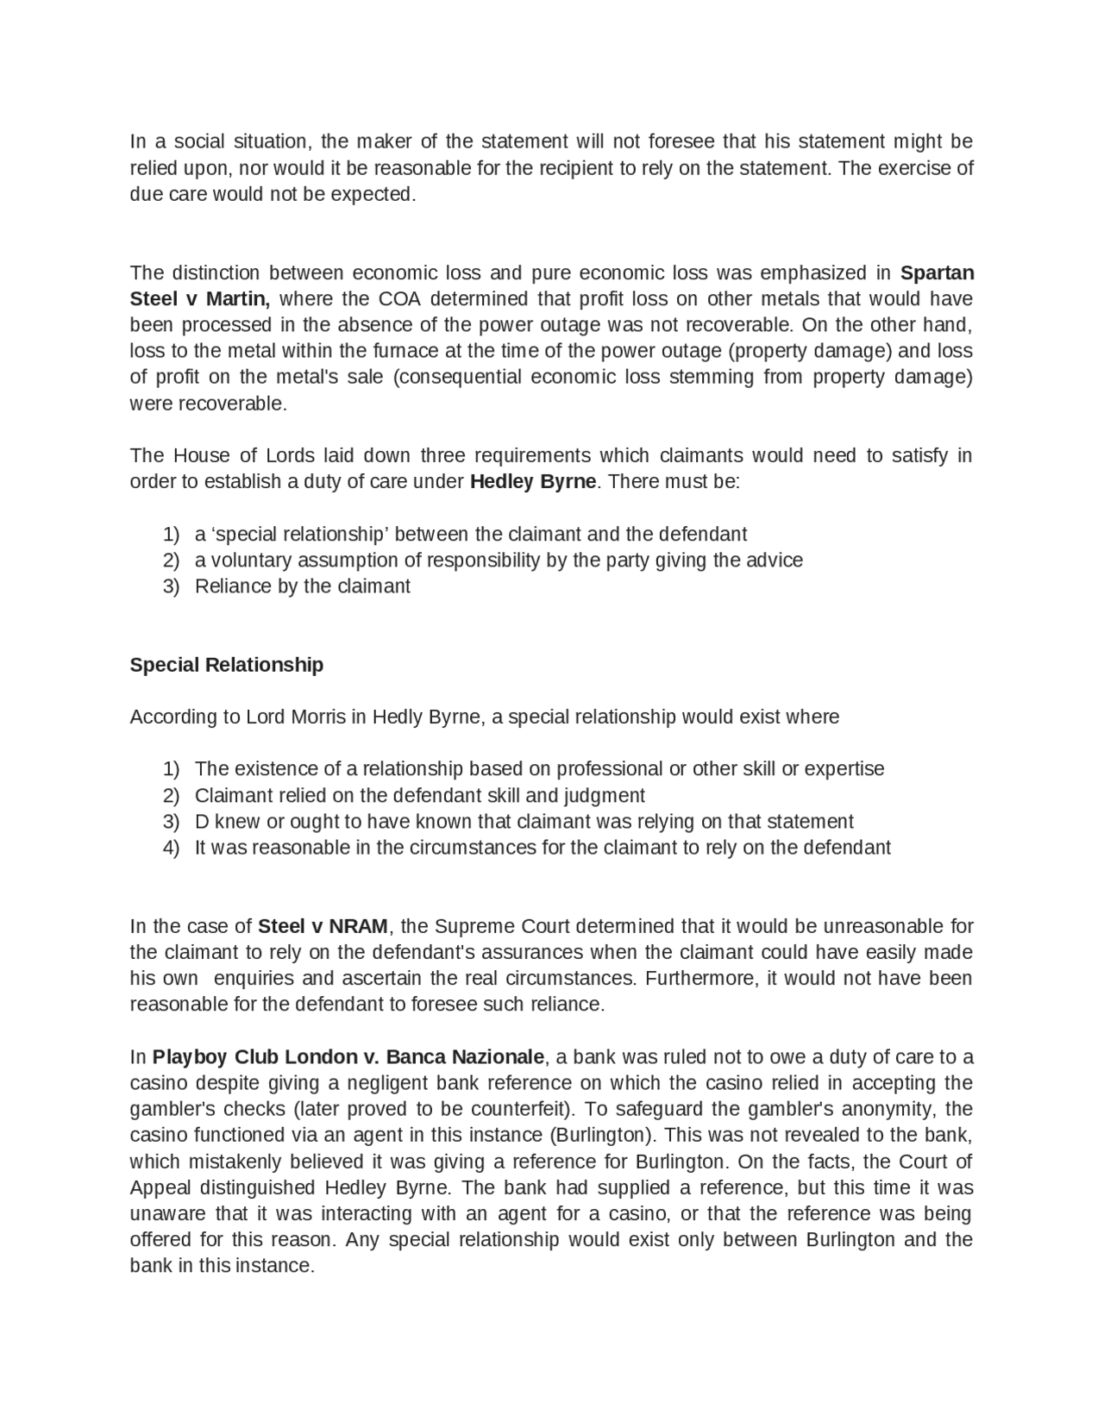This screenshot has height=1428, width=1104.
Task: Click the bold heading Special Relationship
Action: coord(226,665)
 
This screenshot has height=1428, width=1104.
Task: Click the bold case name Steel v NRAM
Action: coord(323,926)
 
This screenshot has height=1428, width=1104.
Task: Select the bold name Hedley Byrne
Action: coord(532,481)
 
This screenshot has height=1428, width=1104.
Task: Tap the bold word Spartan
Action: coord(937,272)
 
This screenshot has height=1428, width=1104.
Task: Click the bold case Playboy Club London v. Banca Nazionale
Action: coord(348,1056)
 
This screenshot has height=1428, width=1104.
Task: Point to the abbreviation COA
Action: coord(399,298)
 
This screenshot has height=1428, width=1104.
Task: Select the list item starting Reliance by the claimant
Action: coord(302,586)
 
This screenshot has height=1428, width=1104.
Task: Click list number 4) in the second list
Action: coord(171,848)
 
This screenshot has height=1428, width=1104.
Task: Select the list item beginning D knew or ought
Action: coord(524,821)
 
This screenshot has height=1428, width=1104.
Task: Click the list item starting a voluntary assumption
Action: coord(499,561)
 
